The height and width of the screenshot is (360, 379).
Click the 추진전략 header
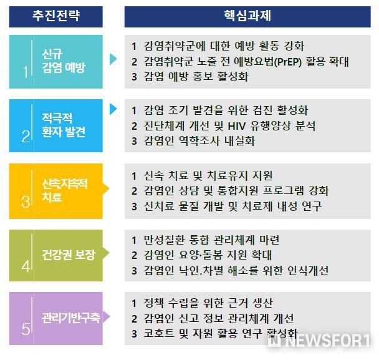[56, 16]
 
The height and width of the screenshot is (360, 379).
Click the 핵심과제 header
[247, 16]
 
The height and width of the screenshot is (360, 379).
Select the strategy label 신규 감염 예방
[64, 61]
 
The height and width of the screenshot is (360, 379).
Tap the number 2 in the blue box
[26, 137]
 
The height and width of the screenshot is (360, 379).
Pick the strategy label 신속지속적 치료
[65, 190]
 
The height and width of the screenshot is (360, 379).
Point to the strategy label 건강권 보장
[69, 255]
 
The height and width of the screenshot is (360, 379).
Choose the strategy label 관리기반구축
[71, 318]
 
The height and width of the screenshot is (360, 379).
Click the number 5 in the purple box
[26, 329]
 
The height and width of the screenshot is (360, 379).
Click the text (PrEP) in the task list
[289, 62]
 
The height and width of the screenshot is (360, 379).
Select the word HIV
[237, 126]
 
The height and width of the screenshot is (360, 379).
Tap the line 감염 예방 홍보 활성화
[196, 77]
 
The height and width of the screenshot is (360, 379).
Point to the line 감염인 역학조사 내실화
[199, 141]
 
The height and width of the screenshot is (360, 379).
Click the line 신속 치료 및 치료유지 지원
[208, 176]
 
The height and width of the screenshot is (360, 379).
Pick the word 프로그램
[283, 191]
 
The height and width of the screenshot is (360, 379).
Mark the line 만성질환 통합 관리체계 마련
[211, 240]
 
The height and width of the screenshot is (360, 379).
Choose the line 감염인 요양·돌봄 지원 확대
[208, 255]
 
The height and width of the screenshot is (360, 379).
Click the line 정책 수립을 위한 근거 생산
[208, 303]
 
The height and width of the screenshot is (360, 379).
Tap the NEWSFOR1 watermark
[319, 341]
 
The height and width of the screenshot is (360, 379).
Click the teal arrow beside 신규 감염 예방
[113, 59]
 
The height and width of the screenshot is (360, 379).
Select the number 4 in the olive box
[26, 266]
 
